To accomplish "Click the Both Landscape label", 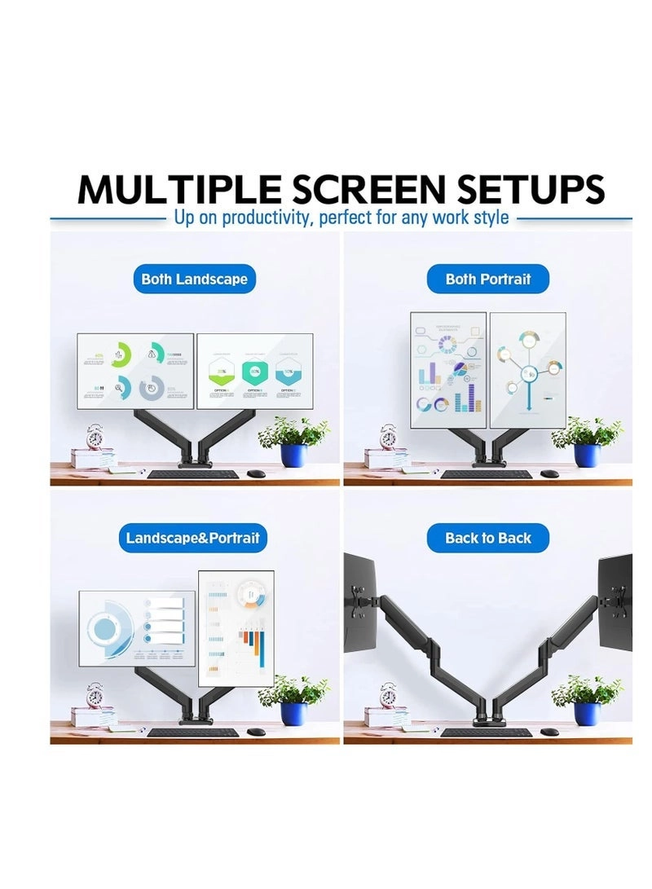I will click(194, 279).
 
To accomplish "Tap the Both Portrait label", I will click(488, 279).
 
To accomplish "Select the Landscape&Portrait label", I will click(193, 538).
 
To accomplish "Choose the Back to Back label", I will click(488, 538).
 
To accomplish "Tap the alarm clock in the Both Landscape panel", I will click(96, 437).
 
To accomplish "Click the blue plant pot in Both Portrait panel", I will click(586, 455).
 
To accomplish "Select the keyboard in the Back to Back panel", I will click(487, 732).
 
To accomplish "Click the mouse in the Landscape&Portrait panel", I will click(257, 732).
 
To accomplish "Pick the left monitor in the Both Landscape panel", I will click(136, 371).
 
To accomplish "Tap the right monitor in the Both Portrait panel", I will click(528, 371).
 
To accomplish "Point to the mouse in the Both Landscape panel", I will click(257, 473).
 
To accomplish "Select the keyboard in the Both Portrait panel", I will click(487, 473).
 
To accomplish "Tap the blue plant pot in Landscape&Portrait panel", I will click(293, 713).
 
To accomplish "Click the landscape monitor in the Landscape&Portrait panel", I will click(137, 627).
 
